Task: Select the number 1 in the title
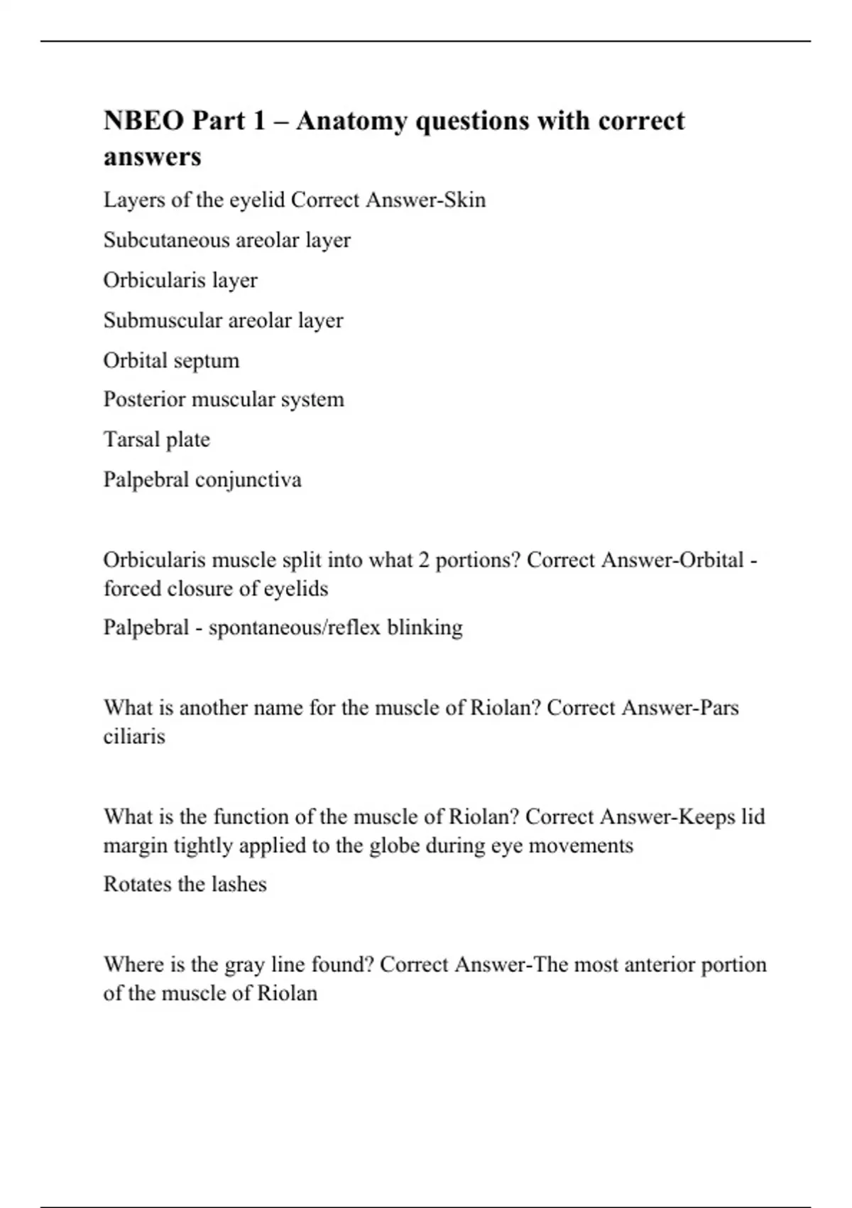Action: pyautogui.click(x=257, y=121)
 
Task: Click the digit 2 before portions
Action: pyautogui.click(x=423, y=561)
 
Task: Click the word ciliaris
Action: pyautogui.click(x=134, y=737)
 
